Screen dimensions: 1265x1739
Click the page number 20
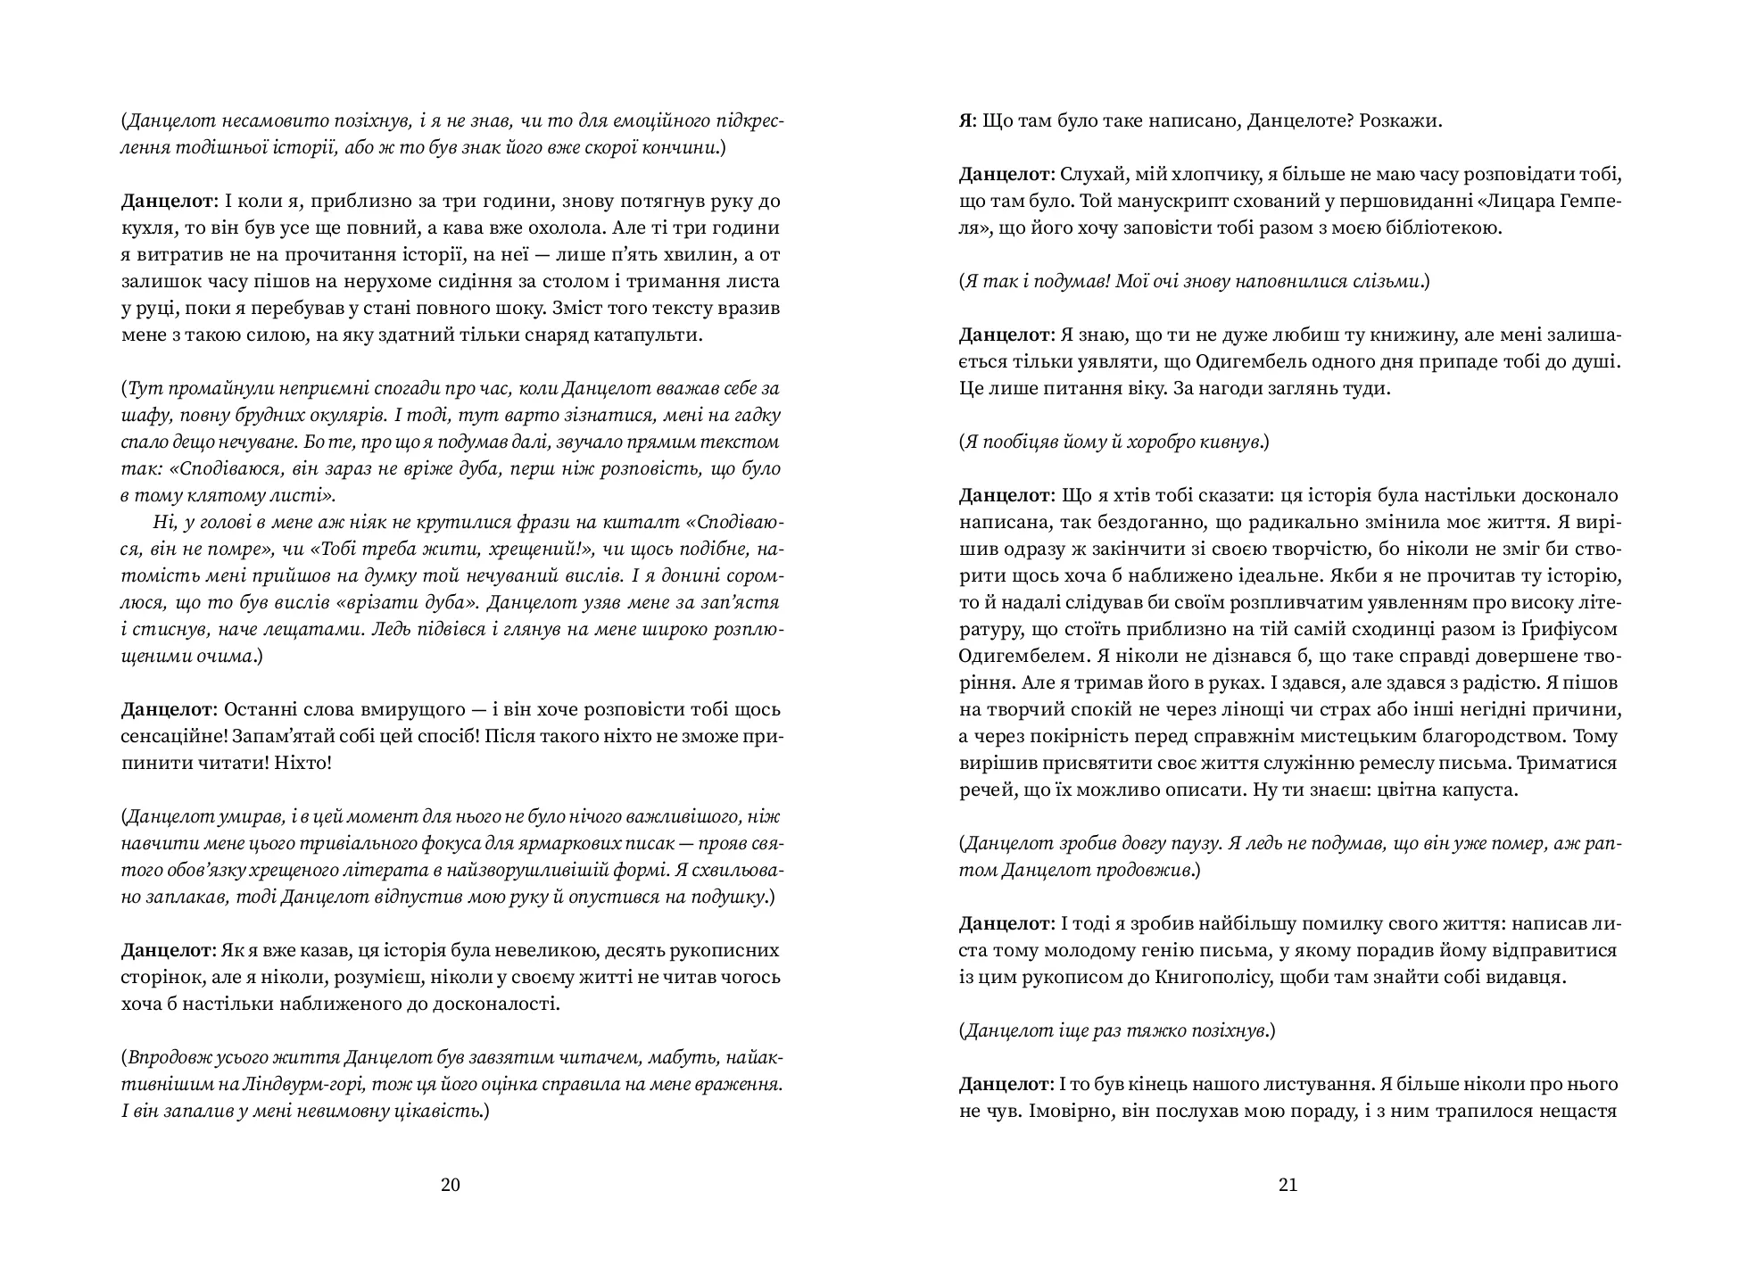click(451, 1185)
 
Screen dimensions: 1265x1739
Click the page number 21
click(1288, 1185)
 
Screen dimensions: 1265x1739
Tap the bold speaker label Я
click(966, 120)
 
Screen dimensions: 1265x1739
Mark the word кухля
click(148, 227)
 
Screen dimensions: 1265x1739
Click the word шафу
click(141, 415)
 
